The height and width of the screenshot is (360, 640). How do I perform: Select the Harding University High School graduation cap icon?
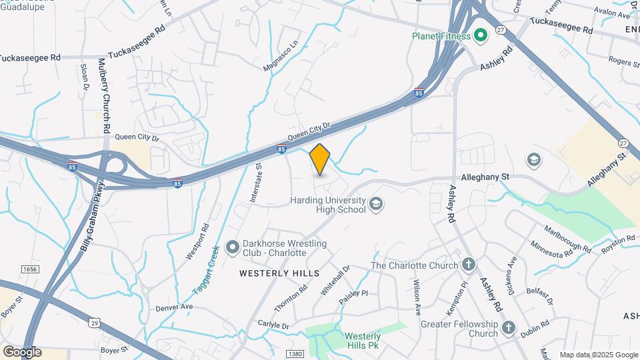tap(376, 204)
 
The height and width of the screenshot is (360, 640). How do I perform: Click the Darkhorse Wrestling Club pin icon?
tap(233, 248)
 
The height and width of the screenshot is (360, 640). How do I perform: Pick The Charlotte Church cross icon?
tap(469, 265)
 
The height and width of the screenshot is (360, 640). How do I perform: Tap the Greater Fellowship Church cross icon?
tap(509, 327)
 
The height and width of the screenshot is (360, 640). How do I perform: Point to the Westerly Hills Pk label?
tap(363, 341)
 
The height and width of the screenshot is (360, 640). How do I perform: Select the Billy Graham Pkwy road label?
tap(92, 217)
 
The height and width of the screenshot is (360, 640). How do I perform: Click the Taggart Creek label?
tap(206, 270)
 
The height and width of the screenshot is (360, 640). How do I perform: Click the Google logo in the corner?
tap(22, 352)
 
